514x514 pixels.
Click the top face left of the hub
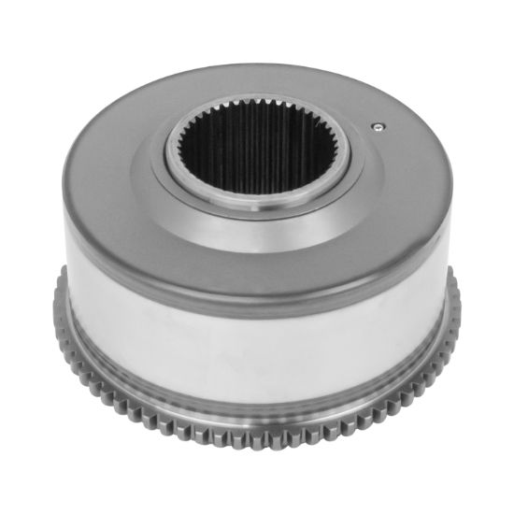click(112, 159)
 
